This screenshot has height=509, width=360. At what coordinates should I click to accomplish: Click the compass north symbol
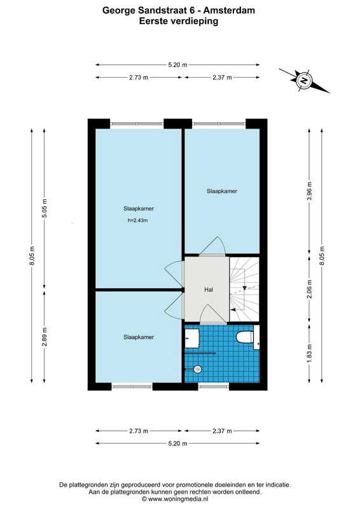[x=304, y=80]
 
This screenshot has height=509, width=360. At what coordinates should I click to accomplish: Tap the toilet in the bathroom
[x=245, y=337]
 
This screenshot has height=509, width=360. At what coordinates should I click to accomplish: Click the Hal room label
[x=209, y=289]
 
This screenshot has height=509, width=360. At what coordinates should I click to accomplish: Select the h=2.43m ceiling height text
[x=137, y=220]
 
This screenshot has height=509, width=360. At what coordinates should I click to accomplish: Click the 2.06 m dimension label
[x=309, y=289]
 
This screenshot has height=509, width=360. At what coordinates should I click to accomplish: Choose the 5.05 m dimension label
[x=45, y=208]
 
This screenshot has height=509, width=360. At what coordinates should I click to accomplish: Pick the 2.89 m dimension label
[x=45, y=337]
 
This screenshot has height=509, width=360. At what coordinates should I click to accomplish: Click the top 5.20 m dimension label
[x=177, y=65]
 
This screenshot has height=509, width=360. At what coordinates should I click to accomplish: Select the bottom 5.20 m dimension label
[x=177, y=443]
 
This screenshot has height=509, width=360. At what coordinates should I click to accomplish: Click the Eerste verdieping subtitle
[x=179, y=21]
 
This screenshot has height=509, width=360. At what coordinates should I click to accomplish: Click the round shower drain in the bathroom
[x=197, y=369]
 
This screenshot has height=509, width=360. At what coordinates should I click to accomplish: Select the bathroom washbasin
[x=192, y=338]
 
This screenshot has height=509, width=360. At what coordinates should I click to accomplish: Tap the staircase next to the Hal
[x=244, y=289]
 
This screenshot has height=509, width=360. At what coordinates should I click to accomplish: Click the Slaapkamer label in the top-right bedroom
[x=222, y=192]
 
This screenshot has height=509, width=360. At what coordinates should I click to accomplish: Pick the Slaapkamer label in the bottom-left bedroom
[x=139, y=337]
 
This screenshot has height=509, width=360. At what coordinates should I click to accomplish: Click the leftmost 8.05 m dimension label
[x=32, y=256]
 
